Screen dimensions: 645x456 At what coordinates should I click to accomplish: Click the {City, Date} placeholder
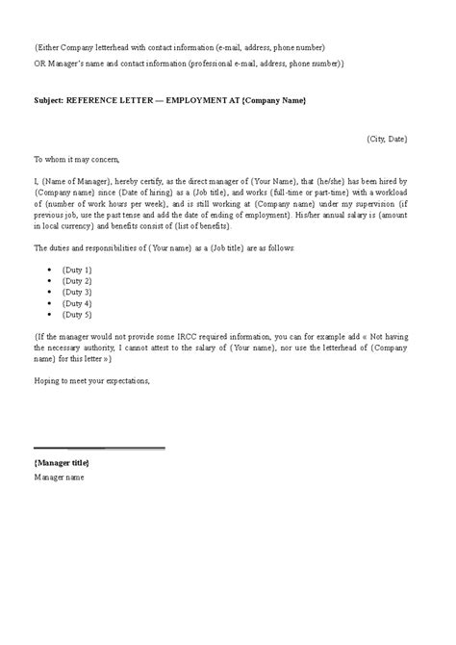[x=387, y=139]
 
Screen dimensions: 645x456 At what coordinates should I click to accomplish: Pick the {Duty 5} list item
[x=77, y=314]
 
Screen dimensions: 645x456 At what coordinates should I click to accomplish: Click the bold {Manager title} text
[x=62, y=463]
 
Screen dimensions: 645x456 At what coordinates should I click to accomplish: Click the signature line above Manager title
[x=99, y=448]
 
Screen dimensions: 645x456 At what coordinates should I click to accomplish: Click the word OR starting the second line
[x=39, y=64]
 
